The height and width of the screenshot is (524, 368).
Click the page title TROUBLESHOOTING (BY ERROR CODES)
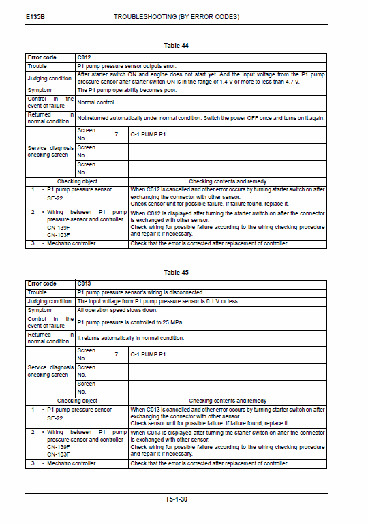pos(176,16)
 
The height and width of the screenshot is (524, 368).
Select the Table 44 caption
pos(177,45)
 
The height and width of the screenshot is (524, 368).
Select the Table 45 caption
pos(177,273)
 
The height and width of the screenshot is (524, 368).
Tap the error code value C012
pos(84,58)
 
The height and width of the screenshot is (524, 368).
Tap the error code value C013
pos(84,283)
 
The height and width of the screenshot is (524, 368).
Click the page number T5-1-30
pos(177,499)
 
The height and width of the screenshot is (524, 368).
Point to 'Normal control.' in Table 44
pos(96,102)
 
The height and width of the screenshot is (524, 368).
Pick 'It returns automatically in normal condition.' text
pos(130,337)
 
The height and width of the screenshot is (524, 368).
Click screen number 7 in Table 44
pos(117,134)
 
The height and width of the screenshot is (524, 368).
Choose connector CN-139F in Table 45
pos(58,447)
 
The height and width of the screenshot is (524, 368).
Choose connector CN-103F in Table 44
pos(58,234)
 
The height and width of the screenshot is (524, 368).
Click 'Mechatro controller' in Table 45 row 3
pos(71,463)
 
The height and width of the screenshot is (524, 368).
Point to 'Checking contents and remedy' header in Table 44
pos(227,181)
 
